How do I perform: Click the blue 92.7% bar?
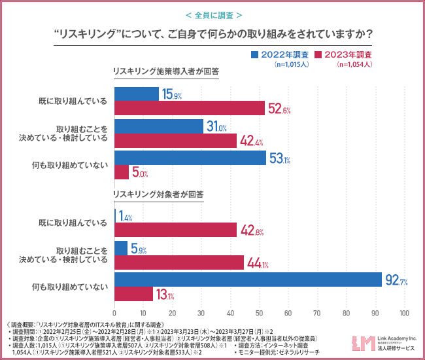coord(248,279)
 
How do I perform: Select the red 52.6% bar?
coord(190,108)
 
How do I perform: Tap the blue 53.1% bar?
coord(190,158)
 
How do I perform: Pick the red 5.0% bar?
coord(122,173)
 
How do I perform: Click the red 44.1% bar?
coord(179,263)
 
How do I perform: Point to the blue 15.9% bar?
coord(137,94)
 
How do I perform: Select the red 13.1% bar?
coord(134,295)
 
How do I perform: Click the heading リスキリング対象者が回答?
coord(158,194)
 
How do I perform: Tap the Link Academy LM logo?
coord(362,342)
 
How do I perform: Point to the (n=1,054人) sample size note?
coord(354,65)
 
